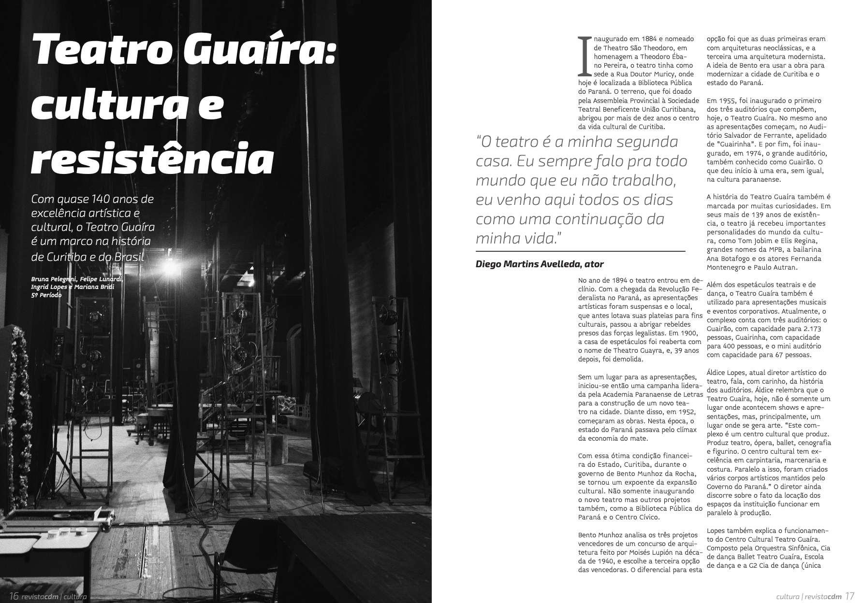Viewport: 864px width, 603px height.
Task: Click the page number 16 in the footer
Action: click(14, 596)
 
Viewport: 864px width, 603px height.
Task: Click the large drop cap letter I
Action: click(585, 56)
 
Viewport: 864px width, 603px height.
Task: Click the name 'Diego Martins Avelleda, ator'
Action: click(540, 264)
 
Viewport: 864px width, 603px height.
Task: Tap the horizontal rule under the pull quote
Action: click(580, 251)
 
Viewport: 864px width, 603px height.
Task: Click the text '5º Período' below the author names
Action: click(46, 295)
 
